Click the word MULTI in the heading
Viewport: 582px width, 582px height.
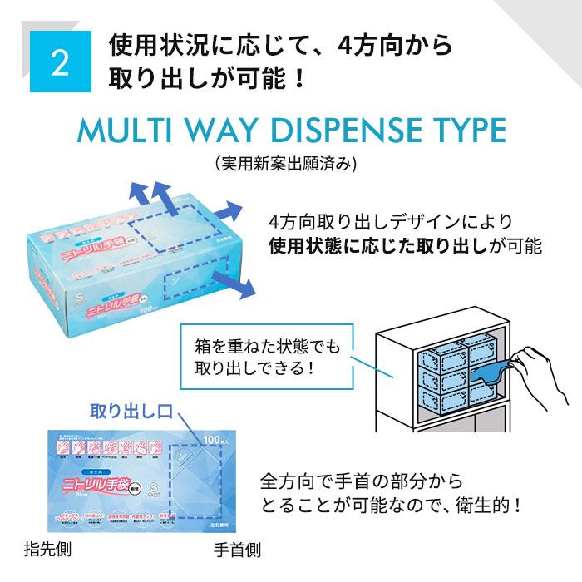[x=121, y=132]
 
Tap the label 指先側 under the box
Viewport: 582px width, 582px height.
[x=47, y=550]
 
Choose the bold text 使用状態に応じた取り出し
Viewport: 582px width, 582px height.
[x=382, y=247]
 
